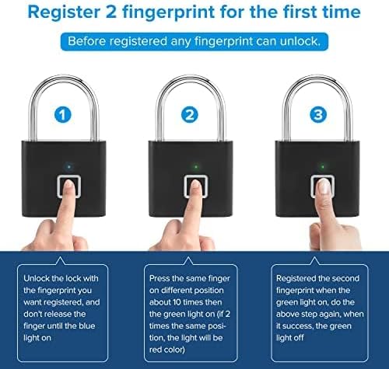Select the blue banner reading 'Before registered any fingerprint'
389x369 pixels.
(194, 41)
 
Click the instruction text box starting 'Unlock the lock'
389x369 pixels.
(68, 308)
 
